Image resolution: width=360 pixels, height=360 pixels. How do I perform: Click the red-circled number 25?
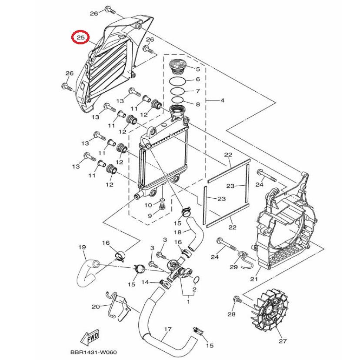point(80,38)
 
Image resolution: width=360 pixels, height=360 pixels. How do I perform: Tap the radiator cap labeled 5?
point(177,67)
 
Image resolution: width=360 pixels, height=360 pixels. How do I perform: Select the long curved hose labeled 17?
point(163,324)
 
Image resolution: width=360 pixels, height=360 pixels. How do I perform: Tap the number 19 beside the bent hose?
point(81,247)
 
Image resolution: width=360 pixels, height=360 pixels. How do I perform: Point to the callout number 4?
point(222,101)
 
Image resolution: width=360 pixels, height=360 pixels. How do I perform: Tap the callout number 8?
point(197,104)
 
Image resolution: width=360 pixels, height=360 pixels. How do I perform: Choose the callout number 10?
point(148,205)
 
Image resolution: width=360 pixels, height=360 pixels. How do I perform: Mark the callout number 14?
point(145,282)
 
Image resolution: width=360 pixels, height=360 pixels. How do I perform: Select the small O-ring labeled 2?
point(196,279)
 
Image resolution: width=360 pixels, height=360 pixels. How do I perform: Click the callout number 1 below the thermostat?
point(189,301)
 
